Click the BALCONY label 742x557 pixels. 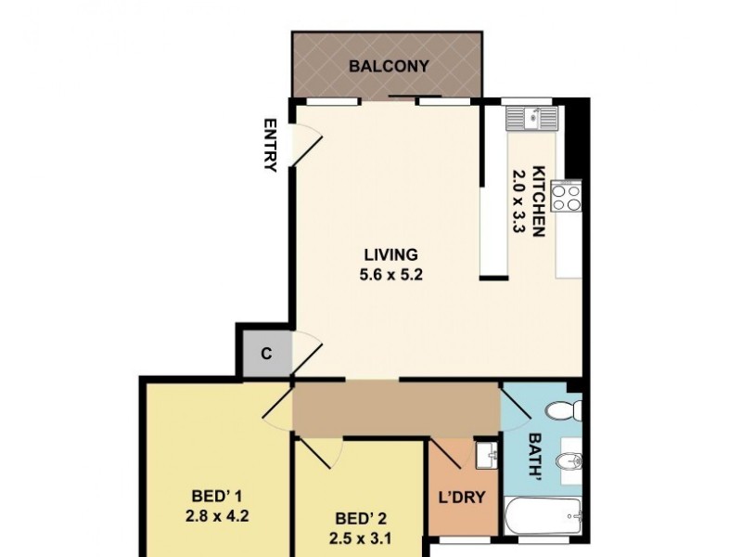pos(390,66)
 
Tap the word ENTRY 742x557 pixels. pos(271,145)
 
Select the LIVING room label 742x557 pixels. pos(390,253)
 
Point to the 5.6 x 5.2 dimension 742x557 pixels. pos(390,274)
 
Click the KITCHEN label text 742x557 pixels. pos(537,198)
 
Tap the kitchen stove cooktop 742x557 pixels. pos(567,196)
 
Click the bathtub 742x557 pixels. pos(545,513)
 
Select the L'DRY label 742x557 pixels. pos(462,497)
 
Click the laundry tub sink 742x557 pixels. pos(485,456)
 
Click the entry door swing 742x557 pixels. pos(307,142)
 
